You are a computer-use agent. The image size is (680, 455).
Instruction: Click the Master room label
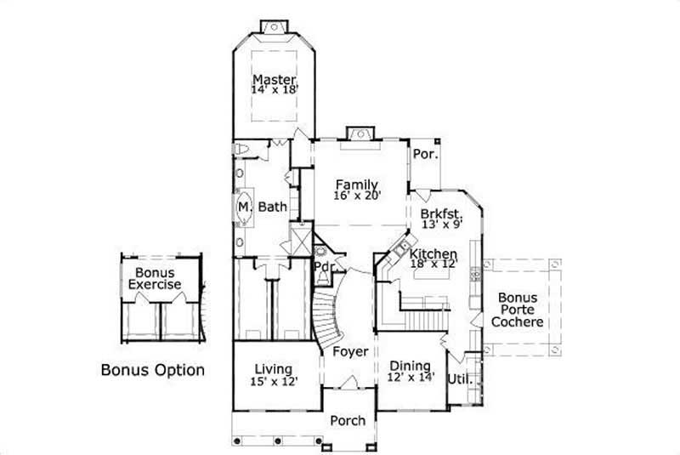[x=273, y=79]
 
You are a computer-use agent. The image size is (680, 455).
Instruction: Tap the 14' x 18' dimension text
[x=273, y=89]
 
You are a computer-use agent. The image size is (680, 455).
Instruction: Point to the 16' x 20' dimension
[x=356, y=195]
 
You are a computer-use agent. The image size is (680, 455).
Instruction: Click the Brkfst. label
[x=440, y=213]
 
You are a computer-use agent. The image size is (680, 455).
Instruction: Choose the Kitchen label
[x=433, y=254]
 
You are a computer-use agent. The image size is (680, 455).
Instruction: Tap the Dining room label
[x=410, y=367]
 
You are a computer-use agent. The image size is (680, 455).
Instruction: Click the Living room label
[x=273, y=368]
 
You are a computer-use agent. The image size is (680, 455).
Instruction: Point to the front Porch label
[x=348, y=420]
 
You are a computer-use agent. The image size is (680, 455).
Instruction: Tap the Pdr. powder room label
[x=322, y=265]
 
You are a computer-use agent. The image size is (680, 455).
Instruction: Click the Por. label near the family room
[x=424, y=155]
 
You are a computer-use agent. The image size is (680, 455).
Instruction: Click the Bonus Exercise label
[x=154, y=278]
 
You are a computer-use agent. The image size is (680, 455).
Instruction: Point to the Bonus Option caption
[x=152, y=370]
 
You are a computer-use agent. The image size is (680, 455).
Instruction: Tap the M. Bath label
[x=262, y=207]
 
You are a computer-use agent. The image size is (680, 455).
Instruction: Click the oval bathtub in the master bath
[x=243, y=207]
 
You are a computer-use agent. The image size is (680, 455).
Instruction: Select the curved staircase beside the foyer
[x=326, y=310]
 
